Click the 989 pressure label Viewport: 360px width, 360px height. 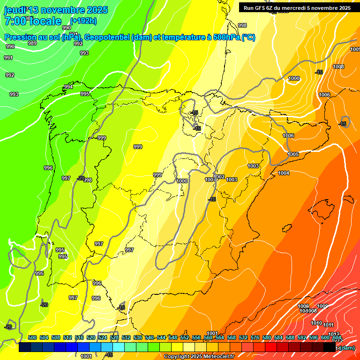pos(32,43)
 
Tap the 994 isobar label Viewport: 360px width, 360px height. pos(68,87)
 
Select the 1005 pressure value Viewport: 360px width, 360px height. pos(293,154)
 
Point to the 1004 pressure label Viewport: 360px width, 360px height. pos(284,173)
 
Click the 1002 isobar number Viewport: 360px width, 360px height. pos(219,177)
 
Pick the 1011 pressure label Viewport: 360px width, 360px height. pos(328,325)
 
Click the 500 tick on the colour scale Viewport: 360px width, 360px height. pos(32,337)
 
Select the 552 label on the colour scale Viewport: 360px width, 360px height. pos(185,337)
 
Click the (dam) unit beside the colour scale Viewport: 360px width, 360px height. pos(346,348)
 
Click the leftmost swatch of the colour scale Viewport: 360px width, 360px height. pos(25,347)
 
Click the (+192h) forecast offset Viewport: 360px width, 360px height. pos(83,21)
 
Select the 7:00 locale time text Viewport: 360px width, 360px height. pos(33,21)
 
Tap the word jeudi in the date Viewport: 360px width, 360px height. pos(15,10)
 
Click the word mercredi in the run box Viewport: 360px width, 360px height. pos(306,8)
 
